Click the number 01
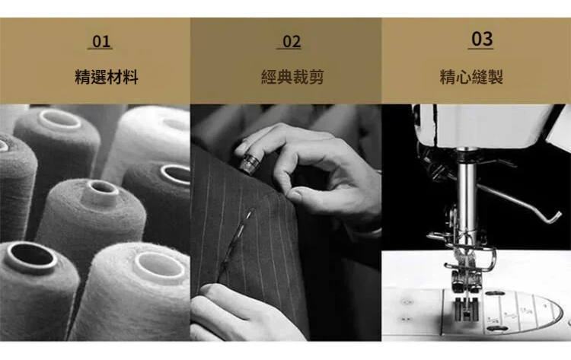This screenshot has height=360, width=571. pos(101,42)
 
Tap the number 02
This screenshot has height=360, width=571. pos(292,42)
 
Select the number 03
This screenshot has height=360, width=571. pos(482,39)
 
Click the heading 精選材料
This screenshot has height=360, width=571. pos(107,77)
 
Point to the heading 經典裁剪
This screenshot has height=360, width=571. pos(292,77)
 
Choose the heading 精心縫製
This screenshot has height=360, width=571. pos(471,77)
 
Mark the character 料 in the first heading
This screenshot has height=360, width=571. pos(130,77)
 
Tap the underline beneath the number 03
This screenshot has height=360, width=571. pos(480,48)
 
